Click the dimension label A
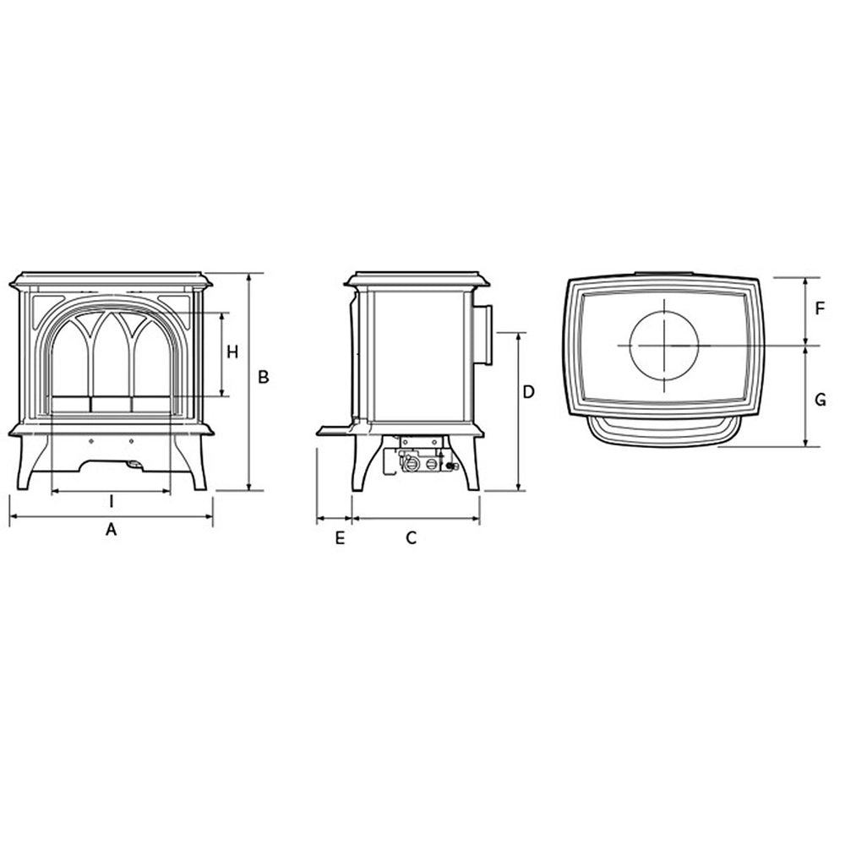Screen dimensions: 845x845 coord(111,530)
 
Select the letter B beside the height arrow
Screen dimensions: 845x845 coord(263,377)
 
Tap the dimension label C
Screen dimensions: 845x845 coord(412,537)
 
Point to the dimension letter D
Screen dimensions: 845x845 coord(529,392)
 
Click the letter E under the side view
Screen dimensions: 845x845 coord(340,537)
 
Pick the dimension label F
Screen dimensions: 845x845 coord(820,309)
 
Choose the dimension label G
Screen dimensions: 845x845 coord(820,401)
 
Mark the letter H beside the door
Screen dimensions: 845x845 coord(232,352)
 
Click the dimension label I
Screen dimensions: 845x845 coord(112,502)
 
